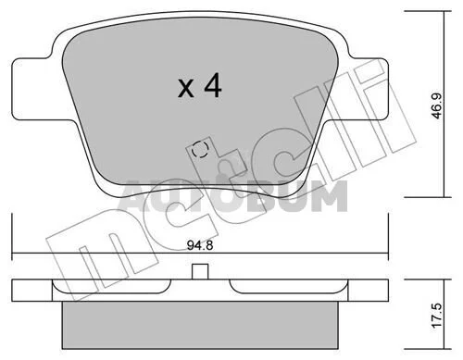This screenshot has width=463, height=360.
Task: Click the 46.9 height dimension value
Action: coord(437,106)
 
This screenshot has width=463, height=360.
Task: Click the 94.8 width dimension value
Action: coord(200,245)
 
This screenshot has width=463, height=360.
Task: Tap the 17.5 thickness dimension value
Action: coord(438,316)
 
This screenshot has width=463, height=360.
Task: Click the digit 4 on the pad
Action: coord(213,85)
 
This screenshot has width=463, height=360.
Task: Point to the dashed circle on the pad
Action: coord(199,149)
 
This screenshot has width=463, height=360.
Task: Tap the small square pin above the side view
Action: coord(200,272)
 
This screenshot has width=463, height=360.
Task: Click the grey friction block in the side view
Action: coord(200,325)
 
